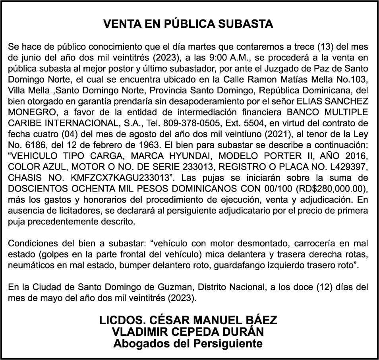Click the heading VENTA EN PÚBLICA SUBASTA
(x=188, y=24)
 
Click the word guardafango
(x=238, y=265)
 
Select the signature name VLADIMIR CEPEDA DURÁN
(x=188, y=331)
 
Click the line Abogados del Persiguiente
(x=188, y=343)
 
